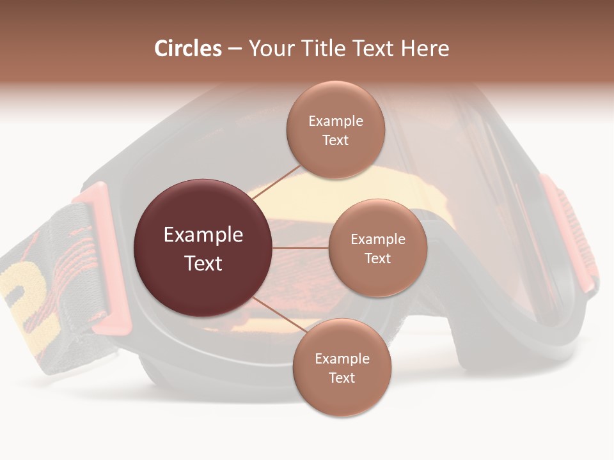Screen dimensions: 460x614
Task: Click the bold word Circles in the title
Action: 187,49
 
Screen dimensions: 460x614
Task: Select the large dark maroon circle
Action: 203,248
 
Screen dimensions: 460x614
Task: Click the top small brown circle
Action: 335,130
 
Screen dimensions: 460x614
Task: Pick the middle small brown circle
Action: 377,248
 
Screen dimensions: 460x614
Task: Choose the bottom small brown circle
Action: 342,367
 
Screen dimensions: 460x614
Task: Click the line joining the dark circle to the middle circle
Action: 301,248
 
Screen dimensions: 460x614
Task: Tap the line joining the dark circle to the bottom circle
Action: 278,314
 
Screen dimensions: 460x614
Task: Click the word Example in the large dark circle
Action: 203,234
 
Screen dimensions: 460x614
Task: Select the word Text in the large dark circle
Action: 203,263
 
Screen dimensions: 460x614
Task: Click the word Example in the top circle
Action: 335,121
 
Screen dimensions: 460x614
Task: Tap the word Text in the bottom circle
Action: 342,378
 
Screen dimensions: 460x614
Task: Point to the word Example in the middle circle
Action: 377,239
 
